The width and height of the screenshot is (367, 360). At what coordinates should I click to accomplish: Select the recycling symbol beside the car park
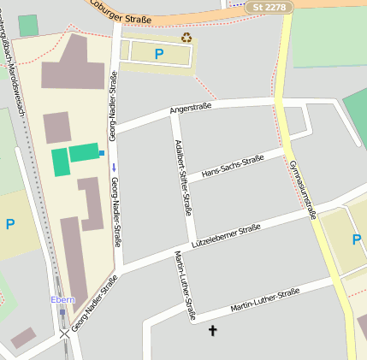click(x=186, y=38)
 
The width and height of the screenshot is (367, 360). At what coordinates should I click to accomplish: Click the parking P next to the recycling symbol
click(x=158, y=54)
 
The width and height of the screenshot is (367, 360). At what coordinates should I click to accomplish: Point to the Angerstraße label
click(x=190, y=109)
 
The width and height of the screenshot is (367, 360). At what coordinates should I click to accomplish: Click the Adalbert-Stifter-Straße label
click(x=182, y=176)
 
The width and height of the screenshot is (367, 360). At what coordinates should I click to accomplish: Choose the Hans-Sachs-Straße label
click(x=231, y=167)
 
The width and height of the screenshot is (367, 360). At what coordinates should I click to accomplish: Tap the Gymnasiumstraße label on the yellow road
click(x=302, y=189)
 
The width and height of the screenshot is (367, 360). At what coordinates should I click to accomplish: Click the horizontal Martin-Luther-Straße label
click(x=264, y=301)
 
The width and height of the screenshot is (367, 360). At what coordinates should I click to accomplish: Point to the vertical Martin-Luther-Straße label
click(x=185, y=286)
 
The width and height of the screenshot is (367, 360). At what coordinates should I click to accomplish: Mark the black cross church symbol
click(x=212, y=330)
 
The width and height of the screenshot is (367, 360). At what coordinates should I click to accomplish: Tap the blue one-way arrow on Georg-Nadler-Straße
click(x=114, y=168)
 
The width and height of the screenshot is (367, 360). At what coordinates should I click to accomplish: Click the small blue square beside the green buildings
click(x=102, y=153)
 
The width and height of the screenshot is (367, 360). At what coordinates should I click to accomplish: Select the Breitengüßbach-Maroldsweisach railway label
click(x=18, y=60)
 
